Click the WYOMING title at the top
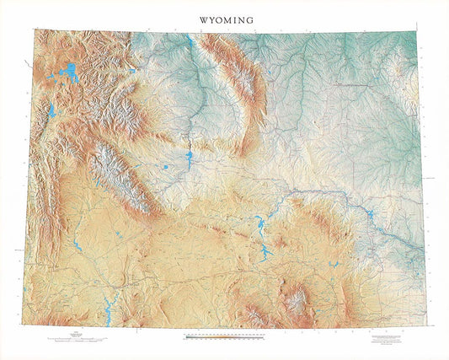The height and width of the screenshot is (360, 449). tap(224, 18)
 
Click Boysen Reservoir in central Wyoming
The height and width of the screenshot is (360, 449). tap(187, 159)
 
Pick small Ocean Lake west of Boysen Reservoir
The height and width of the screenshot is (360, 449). tap(166, 167)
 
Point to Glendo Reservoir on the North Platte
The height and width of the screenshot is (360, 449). tap(369, 218)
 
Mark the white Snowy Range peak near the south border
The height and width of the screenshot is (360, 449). tap(296, 298)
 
